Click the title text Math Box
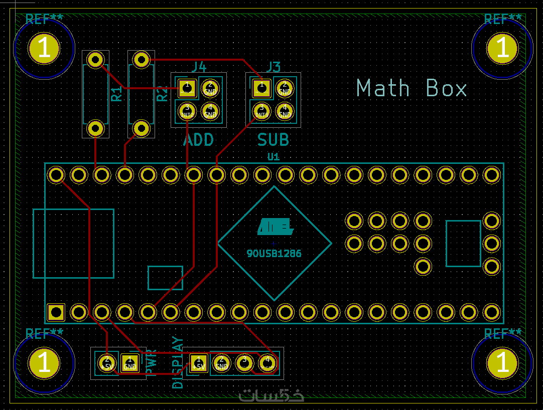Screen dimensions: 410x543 [412, 89]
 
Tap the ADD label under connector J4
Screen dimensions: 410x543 [198, 140]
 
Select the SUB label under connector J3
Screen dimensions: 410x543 [273, 140]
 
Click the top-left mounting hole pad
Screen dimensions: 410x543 [44, 48]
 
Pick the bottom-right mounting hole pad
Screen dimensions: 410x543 [502, 362]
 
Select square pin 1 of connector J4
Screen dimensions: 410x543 [187, 88]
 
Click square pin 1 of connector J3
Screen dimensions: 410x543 [261, 88]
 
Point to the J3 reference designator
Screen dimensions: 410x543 [274, 67]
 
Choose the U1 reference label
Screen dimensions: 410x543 [273, 157]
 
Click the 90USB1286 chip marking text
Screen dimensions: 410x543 [274, 254]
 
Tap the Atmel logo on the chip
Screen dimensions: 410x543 [275, 227]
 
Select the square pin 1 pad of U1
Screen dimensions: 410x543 [56, 312]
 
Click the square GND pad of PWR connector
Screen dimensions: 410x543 [129, 362]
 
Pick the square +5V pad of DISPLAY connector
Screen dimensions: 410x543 [198, 362]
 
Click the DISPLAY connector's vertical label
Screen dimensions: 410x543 [178, 362]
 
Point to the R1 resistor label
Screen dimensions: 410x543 [116, 94]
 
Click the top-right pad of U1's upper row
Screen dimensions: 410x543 [491, 175]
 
